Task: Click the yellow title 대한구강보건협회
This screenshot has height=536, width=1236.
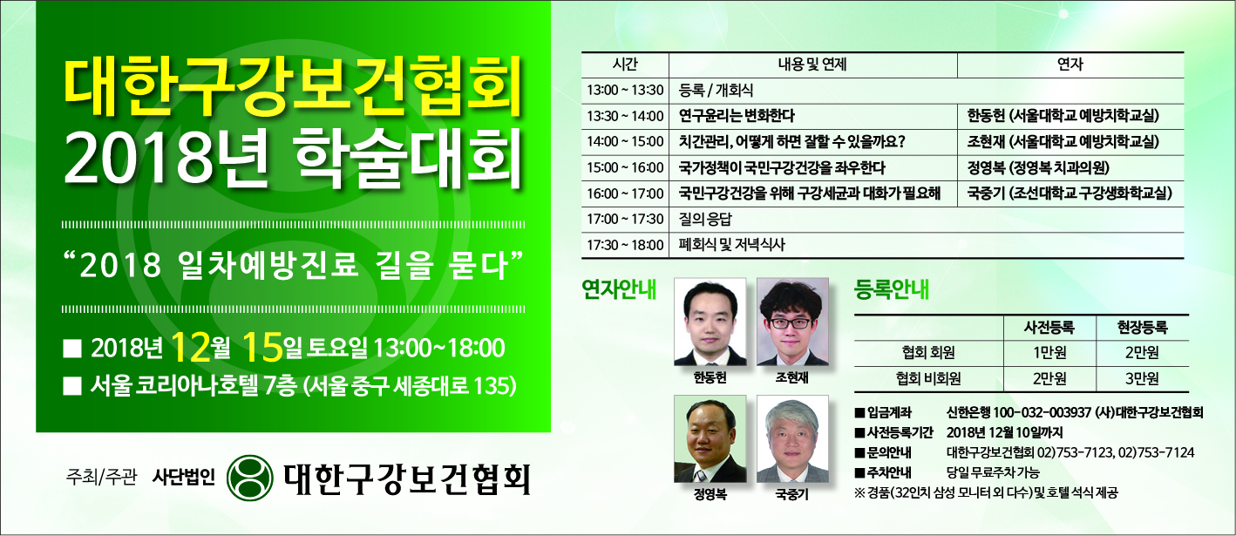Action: coord(294,87)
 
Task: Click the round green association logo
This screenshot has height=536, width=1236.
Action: coord(250,477)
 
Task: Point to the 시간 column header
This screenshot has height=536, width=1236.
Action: coord(625,65)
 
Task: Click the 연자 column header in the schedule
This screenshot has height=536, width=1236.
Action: coord(1070,65)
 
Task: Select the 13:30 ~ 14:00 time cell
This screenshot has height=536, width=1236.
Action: coord(625,117)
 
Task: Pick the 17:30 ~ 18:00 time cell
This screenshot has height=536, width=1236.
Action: coord(625,246)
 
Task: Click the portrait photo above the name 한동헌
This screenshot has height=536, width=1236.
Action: coord(710,322)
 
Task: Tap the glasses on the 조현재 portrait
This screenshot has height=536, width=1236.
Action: coord(791,323)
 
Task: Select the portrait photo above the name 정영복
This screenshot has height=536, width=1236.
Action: coord(710,438)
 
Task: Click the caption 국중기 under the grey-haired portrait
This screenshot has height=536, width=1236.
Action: coord(791,495)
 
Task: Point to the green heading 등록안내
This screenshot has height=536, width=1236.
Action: coord(892,289)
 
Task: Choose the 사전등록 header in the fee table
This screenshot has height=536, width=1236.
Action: coord(1049,328)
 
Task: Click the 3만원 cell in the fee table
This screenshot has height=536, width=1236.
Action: coord(1142,379)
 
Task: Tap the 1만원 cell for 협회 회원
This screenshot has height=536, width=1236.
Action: coord(1049,353)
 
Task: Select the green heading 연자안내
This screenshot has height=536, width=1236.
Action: coord(619,289)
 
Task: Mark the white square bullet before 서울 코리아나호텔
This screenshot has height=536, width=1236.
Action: coord(72,386)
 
